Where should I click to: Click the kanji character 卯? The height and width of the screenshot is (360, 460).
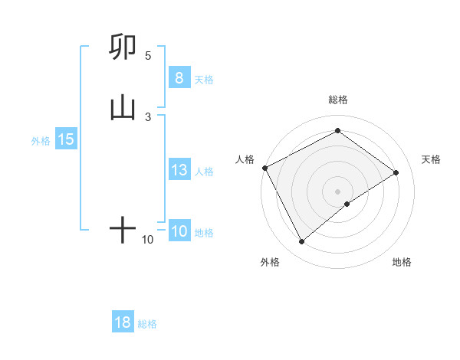(123, 47)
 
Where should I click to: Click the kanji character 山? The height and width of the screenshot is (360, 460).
(123, 109)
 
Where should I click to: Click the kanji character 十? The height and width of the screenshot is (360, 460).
(123, 231)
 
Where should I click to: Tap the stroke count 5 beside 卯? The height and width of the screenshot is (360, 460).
(148, 56)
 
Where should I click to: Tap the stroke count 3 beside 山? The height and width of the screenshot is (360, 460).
(148, 116)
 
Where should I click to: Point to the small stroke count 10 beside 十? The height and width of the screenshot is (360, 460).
(147, 240)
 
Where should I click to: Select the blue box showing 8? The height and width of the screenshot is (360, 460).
(179, 78)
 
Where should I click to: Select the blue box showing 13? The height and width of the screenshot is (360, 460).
(179, 170)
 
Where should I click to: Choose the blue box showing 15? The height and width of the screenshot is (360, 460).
(65, 139)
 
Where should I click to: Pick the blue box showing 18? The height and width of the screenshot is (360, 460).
(122, 322)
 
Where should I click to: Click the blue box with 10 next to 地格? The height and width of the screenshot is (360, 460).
(179, 231)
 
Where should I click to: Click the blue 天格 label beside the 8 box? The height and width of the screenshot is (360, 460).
(204, 79)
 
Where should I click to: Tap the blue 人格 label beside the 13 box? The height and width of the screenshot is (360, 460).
(204, 171)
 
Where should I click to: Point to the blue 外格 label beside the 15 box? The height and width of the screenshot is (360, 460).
(41, 140)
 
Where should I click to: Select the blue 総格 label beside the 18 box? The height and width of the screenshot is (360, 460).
(147, 323)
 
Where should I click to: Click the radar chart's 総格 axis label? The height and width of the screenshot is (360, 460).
(337, 100)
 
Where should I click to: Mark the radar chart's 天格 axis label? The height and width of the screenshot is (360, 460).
(432, 159)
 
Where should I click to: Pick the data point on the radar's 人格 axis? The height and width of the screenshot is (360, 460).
(264, 167)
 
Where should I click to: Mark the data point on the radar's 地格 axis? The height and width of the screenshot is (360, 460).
(348, 204)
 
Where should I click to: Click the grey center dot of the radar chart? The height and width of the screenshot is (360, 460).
(337, 191)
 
